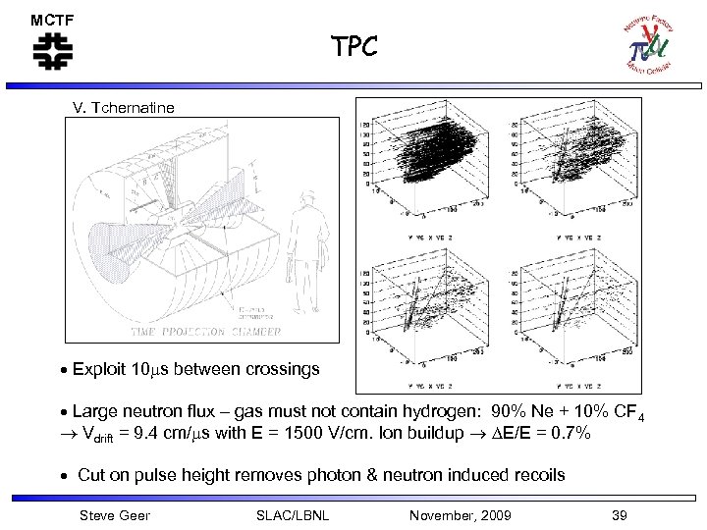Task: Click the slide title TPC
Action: (353, 47)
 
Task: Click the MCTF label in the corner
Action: (52, 20)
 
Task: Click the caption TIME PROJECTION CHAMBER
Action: (201, 331)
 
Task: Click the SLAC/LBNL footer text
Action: (292, 515)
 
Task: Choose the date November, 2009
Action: (461, 515)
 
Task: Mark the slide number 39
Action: (618, 515)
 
